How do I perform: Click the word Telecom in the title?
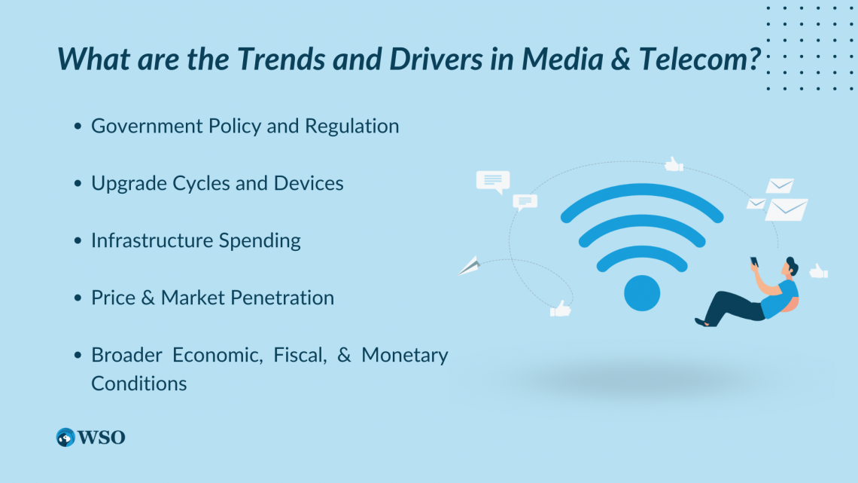tap(699, 59)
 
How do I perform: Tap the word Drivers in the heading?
tap(436, 59)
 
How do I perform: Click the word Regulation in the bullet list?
tap(351, 127)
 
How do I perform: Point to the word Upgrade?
tap(129, 184)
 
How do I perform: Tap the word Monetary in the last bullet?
tap(404, 356)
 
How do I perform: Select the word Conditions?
tap(139, 384)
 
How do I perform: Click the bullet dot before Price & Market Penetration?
tap(78, 298)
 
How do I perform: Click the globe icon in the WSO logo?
tap(65, 438)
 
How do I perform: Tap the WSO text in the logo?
tap(102, 438)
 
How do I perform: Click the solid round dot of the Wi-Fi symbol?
tap(642, 293)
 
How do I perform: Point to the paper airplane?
tap(469, 266)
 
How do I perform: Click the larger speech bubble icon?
tap(493, 182)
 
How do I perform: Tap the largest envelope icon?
tap(786, 209)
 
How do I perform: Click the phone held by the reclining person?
tap(754, 261)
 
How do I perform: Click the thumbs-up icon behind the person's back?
tap(819, 271)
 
